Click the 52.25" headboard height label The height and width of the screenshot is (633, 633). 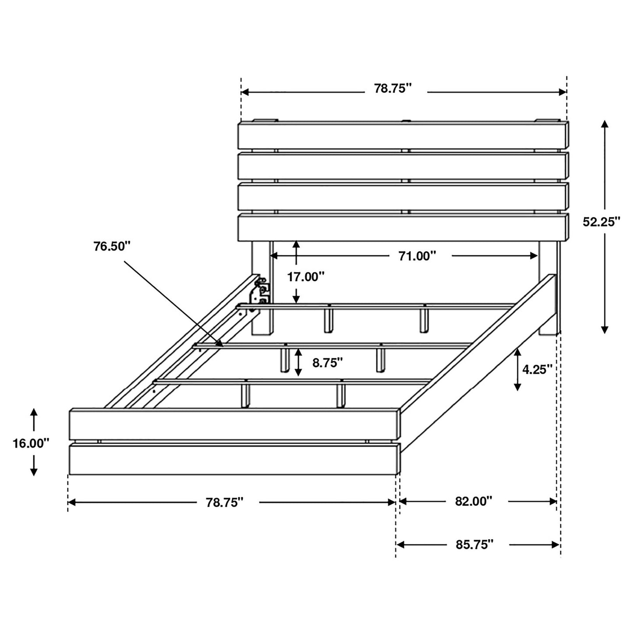coord(601,222)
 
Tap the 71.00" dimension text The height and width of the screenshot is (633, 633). coord(417,256)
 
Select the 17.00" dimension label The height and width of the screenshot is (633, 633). coord(305,276)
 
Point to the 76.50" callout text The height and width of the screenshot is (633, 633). coord(112,246)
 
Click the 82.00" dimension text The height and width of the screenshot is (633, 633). coord(473,501)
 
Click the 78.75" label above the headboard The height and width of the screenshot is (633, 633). coord(393,88)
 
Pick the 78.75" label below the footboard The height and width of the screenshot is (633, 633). coord(224,502)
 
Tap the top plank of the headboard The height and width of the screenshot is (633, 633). coord(403,135)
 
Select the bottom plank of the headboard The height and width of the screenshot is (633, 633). coord(403,227)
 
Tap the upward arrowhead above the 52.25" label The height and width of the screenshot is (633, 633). coord(605,124)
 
